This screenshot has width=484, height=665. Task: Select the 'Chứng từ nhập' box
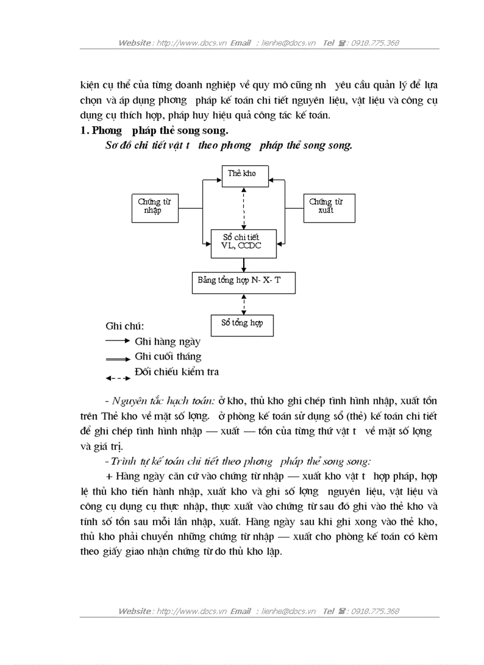click(x=154, y=207)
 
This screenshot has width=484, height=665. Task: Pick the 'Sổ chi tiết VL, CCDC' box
click(x=244, y=242)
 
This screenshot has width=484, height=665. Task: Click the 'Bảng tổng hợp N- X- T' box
click(x=244, y=282)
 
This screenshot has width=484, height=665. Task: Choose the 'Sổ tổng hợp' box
click(x=242, y=324)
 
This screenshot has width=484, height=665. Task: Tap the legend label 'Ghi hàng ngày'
click(x=168, y=341)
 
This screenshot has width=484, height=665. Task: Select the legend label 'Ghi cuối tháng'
click(x=168, y=356)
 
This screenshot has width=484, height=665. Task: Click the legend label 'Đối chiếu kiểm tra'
click(x=177, y=372)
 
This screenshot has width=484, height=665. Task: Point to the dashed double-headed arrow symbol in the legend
click(x=117, y=378)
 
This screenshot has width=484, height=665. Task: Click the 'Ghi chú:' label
click(x=125, y=326)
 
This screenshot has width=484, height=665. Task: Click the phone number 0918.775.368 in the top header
click(x=375, y=43)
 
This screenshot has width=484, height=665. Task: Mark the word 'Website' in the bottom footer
click(x=135, y=611)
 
